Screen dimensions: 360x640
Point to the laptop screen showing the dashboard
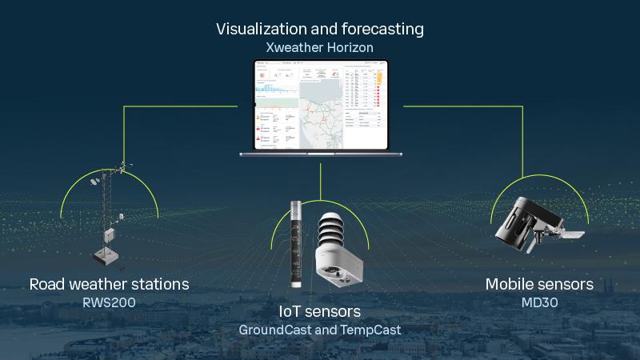click(x=320, y=105)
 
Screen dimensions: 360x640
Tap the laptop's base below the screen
click(x=320, y=154)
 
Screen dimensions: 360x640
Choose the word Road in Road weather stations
click(x=47, y=284)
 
